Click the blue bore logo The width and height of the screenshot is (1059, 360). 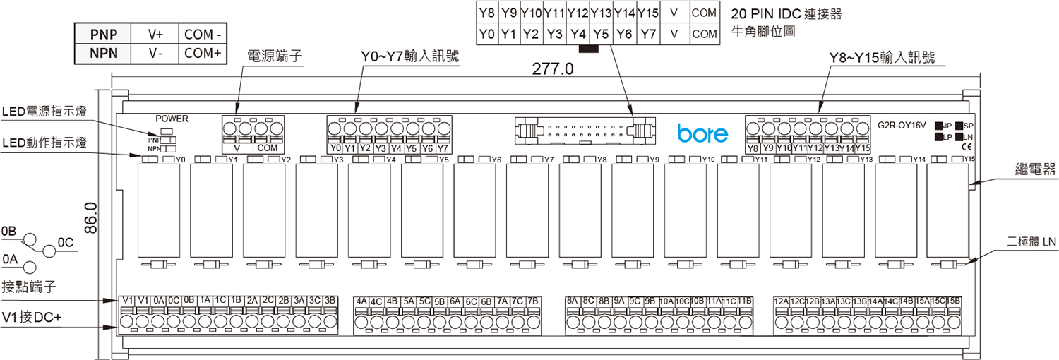pyautogui.click(x=698, y=132)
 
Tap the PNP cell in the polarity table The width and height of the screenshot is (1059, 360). pyautogui.click(x=100, y=34)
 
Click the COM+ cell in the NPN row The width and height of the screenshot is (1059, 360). pyautogui.click(x=203, y=53)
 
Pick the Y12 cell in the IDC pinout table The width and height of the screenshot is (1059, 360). pyautogui.click(x=578, y=13)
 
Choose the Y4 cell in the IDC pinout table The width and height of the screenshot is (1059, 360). pyautogui.click(x=578, y=33)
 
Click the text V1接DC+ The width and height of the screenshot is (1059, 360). pyautogui.click(x=32, y=318)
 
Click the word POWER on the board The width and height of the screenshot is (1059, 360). pyautogui.click(x=172, y=119)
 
